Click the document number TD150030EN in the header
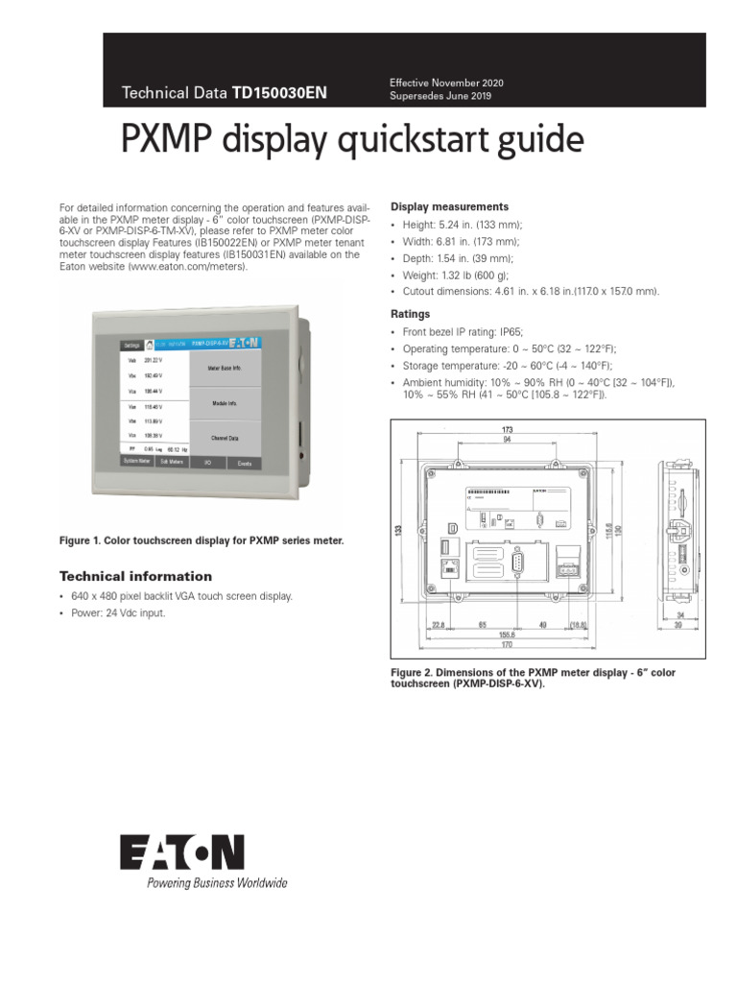279,93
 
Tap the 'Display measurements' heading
449,206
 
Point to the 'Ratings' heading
410,314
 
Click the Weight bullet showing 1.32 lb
449,275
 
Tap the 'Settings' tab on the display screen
130,343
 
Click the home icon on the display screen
148,342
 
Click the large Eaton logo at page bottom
182,852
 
